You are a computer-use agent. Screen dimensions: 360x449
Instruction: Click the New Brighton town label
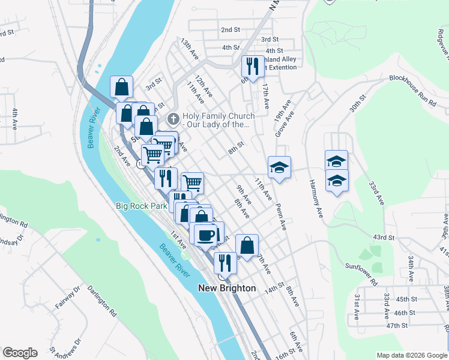(227, 288)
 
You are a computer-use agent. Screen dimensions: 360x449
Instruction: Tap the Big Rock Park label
(141, 206)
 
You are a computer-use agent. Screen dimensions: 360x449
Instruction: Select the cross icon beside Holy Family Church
(173, 117)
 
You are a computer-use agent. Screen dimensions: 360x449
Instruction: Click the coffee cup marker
(205, 235)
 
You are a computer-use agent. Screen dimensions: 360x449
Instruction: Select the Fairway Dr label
(67, 299)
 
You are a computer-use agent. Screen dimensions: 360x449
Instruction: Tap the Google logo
(19, 353)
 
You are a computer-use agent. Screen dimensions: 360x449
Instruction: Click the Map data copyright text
(411, 355)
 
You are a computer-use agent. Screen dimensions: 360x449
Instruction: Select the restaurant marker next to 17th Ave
(252, 67)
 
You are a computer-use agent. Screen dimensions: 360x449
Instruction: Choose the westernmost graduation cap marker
(279, 167)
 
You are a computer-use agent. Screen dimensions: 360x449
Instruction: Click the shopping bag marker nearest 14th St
(247, 245)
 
